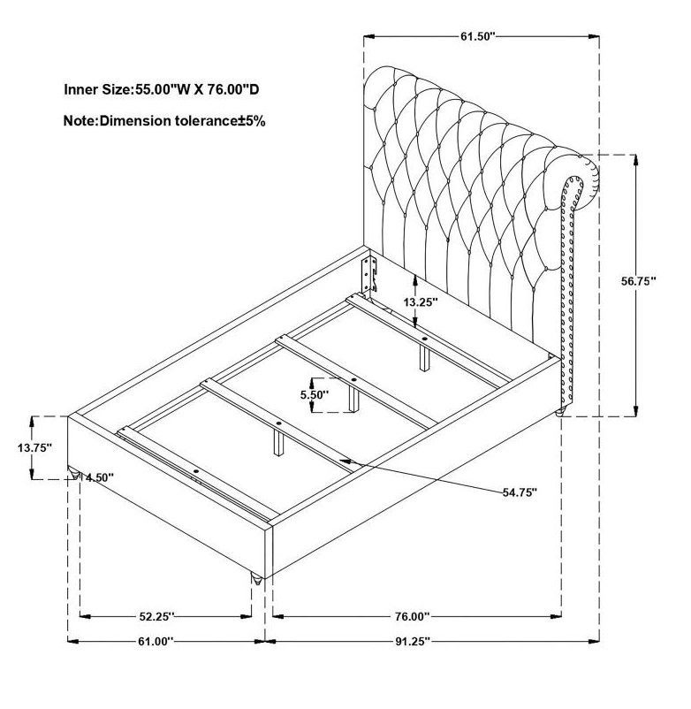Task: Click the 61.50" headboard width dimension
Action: [478, 36]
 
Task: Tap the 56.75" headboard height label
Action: [638, 281]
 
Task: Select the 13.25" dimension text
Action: [421, 302]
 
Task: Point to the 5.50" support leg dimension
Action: [315, 395]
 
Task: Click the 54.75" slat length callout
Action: [520, 492]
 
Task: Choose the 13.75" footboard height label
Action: [35, 447]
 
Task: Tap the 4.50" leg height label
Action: [100, 477]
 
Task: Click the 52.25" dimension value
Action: [156, 616]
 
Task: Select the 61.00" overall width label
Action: [156, 641]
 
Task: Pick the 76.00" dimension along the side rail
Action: [412, 616]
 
